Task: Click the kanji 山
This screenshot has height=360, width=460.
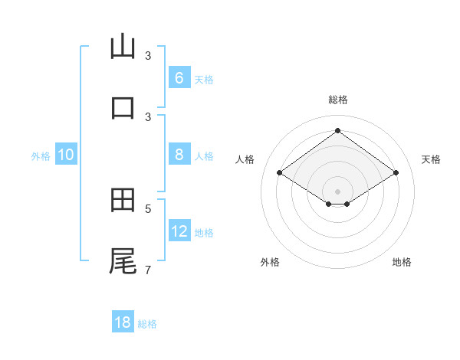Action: click(x=123, y=46)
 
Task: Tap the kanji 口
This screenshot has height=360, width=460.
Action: click(x=123, y=107)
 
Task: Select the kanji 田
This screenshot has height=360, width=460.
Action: click(x=123, y=199)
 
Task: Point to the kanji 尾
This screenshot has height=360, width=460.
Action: click(x=123, y=260)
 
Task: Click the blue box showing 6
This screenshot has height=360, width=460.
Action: click(x=179, y=78)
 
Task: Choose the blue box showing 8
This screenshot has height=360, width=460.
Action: click(x=179, y=155)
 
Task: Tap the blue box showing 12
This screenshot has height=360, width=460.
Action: click(x=179, y=231)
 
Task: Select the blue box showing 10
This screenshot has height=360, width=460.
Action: click(x=66, y=155)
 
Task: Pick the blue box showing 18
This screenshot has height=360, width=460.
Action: click(x=123, y=322)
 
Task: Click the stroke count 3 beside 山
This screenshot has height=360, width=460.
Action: click(x=148, y=56)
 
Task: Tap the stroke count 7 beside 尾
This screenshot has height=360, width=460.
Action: click(x=148, y=270)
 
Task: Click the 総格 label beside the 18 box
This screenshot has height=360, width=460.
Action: click(x=147, y=324)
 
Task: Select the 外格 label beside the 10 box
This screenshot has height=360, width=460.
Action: click(x=41, y=156)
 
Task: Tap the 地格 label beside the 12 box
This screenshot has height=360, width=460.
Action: click(x=204, y=233)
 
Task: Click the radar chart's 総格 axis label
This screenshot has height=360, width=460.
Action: click(x=337, y=100)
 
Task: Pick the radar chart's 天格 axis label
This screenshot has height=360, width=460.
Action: click(x=431, y=159)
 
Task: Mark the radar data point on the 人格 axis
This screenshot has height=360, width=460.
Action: click(x=280, y=173)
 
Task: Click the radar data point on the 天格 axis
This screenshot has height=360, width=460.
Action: click(x=396, y=173)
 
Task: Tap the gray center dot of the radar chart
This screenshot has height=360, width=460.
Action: click(x=337, y=191)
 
